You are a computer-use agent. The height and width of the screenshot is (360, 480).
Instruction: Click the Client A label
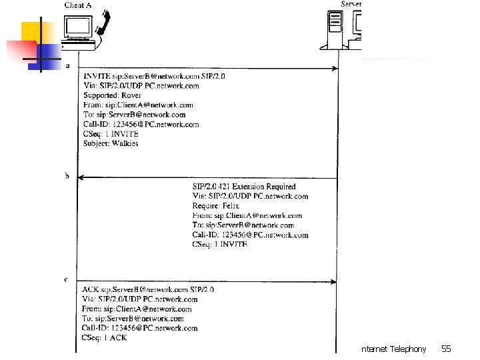(79, 5)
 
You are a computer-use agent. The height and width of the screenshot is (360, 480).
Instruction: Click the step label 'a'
(67, 65)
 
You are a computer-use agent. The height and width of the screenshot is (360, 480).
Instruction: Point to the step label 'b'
(67, 176)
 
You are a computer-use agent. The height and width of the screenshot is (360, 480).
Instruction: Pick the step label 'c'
(67, 279)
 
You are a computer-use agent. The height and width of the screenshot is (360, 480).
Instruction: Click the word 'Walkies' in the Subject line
(125, 143)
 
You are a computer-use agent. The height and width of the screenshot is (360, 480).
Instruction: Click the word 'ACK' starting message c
(90, 289)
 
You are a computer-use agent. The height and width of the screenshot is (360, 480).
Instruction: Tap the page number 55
(446, 349)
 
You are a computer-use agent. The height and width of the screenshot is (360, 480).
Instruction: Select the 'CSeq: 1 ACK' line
(105, 337)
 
